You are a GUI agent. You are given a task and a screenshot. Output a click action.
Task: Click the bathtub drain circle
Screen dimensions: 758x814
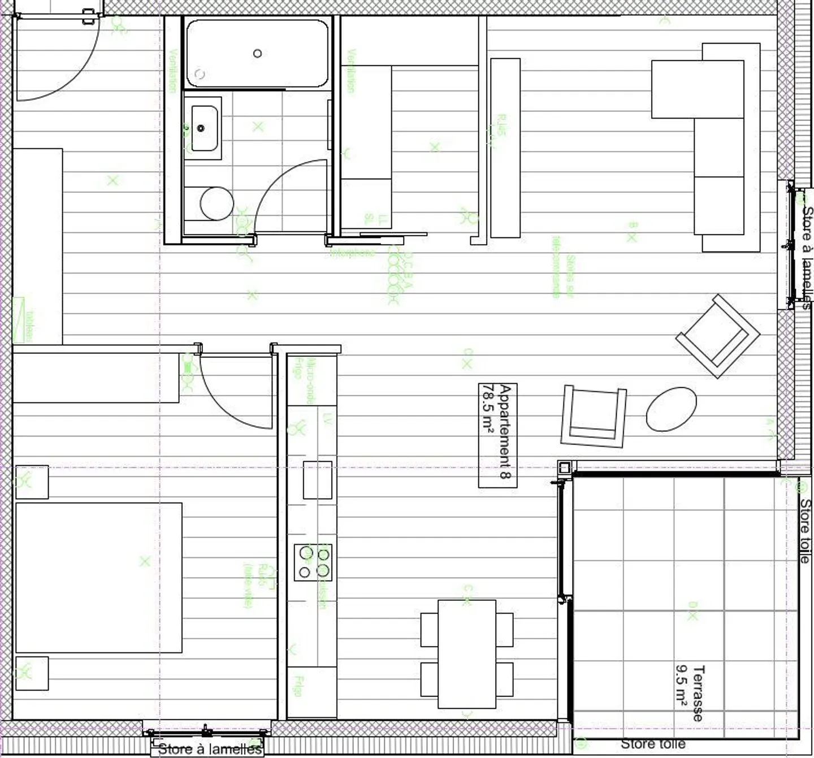pos(257,53)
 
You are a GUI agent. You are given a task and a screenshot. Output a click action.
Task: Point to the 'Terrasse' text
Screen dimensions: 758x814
pos(699,694)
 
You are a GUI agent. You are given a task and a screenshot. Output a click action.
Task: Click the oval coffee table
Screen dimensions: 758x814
pos(671,408)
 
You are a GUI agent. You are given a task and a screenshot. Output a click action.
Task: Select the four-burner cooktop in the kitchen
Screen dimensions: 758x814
pos(313,562)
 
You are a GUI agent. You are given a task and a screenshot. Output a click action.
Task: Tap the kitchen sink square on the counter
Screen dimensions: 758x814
pos(318,480)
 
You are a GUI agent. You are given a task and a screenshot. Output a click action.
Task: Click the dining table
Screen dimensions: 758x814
pos(467,653)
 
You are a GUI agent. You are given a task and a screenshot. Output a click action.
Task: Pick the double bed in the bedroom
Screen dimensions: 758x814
pos(99,577)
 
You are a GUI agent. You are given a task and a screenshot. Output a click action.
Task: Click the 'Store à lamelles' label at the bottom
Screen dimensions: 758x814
pos(210,750)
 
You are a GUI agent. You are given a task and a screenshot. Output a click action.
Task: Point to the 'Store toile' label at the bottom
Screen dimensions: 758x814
pos(653,744)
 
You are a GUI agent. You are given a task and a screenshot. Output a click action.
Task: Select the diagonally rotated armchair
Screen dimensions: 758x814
pos(718,336)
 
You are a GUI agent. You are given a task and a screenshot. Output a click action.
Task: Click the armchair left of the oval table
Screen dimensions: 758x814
pos(594,415)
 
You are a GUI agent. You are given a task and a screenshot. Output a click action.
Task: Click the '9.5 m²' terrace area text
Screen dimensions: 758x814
pos(681,685)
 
